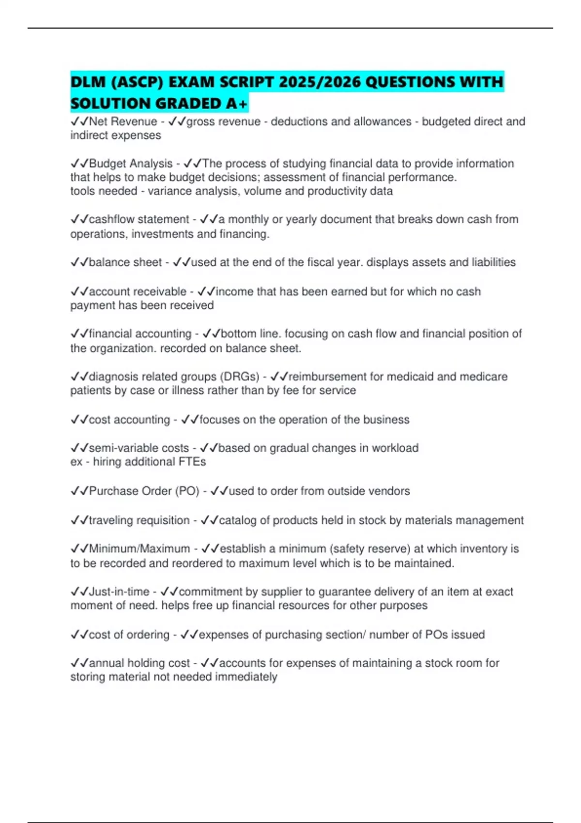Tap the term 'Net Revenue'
(123, 122)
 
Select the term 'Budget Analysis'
(131, 164)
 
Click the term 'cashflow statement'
(139, 219)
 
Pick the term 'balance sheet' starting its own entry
(125, 262)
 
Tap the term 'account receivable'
(138, 291)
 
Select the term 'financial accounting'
(140, 334)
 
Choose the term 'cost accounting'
(129, 420)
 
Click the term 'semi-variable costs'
(139, 448)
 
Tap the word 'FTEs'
(193, 462)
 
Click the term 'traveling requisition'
(139, 520)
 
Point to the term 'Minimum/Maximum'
(139, 549)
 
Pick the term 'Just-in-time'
(119, 592)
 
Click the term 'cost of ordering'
(129, 635)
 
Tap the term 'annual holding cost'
(139, 663)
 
